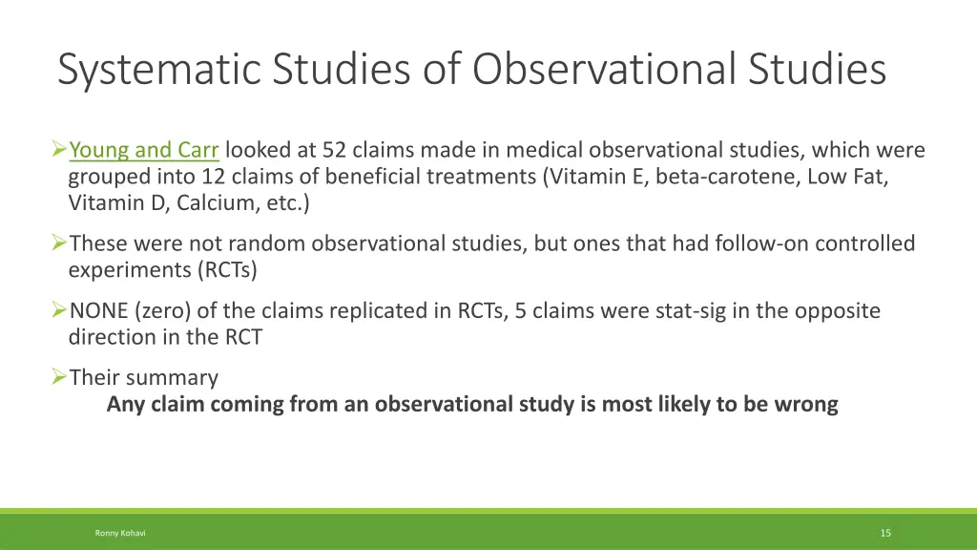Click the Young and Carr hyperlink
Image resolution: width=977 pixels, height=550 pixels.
click(144, 150)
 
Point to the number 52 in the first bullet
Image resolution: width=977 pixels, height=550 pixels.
click(335, 150)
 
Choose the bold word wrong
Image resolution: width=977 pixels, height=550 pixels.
click(806, 404)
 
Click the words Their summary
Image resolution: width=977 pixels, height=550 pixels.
click(143, 377)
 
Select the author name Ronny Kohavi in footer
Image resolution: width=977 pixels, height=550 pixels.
click(120, 533)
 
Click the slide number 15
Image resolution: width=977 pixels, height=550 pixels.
click(885, 533)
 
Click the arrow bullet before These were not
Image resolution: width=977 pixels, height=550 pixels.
click(58, 243)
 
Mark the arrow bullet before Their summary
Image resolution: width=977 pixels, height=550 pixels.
click(58, 377)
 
